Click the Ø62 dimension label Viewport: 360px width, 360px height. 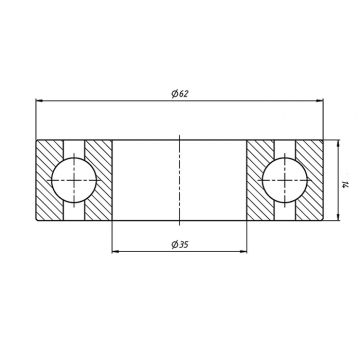coord(180,94)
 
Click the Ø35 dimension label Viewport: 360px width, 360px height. coord(180,245)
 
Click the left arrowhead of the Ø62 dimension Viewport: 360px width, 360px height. coord(39,100)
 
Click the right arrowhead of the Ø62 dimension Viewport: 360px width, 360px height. coord(320,100)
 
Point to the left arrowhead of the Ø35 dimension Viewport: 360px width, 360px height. coord(116,251)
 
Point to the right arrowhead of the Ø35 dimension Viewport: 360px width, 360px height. coord(243,251)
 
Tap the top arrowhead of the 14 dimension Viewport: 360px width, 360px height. coord(338,144)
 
